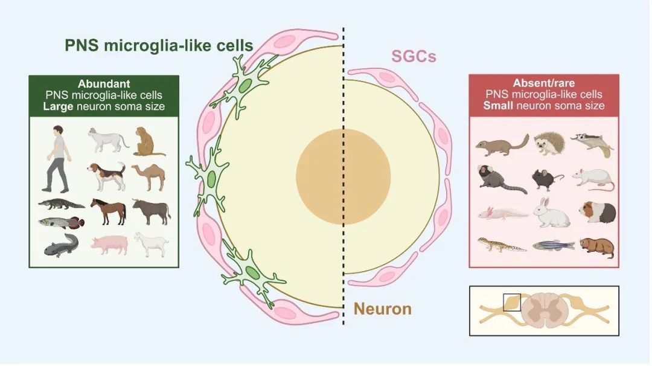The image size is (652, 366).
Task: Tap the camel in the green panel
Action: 149,176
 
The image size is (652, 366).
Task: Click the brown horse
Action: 109,210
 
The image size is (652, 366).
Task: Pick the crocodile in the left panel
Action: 61,204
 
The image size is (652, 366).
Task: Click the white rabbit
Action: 551,213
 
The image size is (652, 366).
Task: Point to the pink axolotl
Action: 502,213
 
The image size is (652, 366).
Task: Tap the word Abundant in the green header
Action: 104,84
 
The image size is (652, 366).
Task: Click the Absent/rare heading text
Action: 544,83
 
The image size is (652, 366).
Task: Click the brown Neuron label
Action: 382,309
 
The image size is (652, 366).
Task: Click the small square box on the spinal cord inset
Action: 512,302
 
